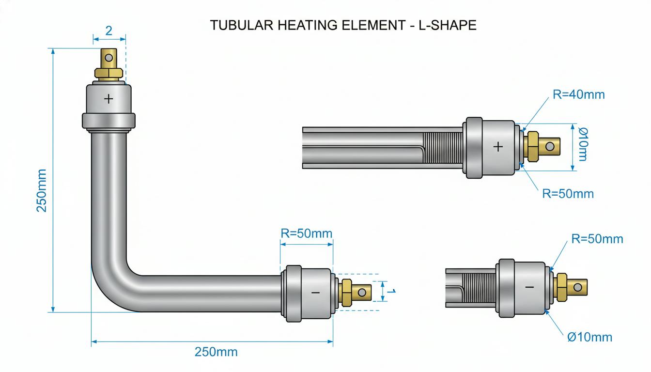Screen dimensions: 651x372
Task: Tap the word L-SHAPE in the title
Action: pyautogui.click(x=447, y=25)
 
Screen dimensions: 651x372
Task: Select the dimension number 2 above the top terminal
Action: pyautogui.click(x=108, y=31)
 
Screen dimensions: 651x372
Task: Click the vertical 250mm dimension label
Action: pyautogui.click(x=42, y=190)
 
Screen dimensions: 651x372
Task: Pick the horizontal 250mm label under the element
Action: pyautogui.click(x=216, y=352)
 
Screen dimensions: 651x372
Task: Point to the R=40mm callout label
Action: pyautogui.click(x=579, y=95)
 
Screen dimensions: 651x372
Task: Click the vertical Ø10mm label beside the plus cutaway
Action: pyautogui.click(x=583, y=144)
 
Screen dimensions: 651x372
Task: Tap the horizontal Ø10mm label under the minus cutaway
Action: pyautogui.click(x=589, y=337)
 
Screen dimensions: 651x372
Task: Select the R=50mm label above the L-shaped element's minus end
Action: pyautogui.click(x=306, y=233)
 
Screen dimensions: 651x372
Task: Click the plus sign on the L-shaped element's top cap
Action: pyautogui.click(x=108, y=99)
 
